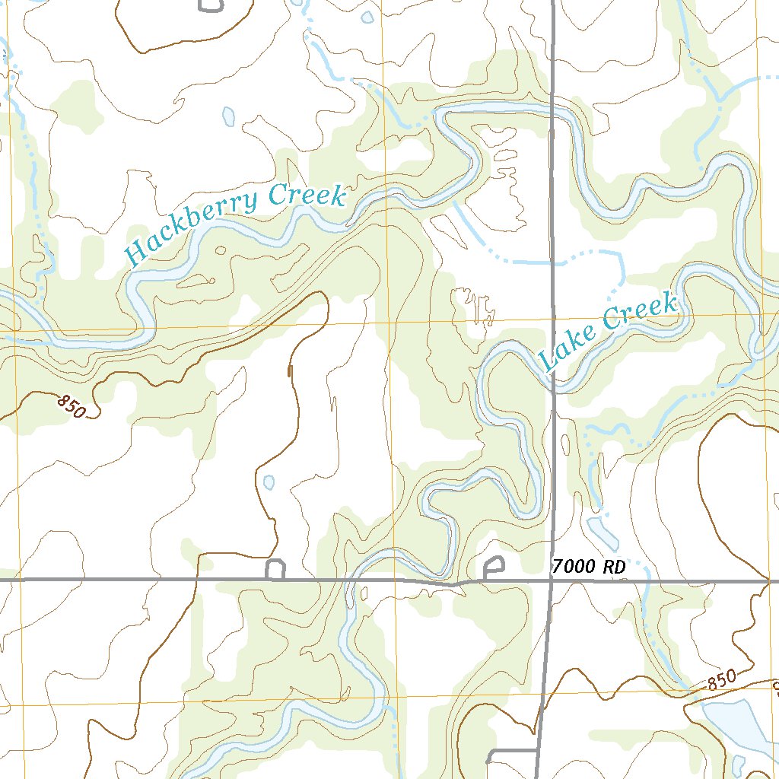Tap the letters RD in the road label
click(614, 567)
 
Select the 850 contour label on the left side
click(71, 406)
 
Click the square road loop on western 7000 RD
click(275, 570)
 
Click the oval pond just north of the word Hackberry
click(228, 116)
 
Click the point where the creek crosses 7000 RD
click(352, 580)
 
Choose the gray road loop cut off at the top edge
click(211, 6)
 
